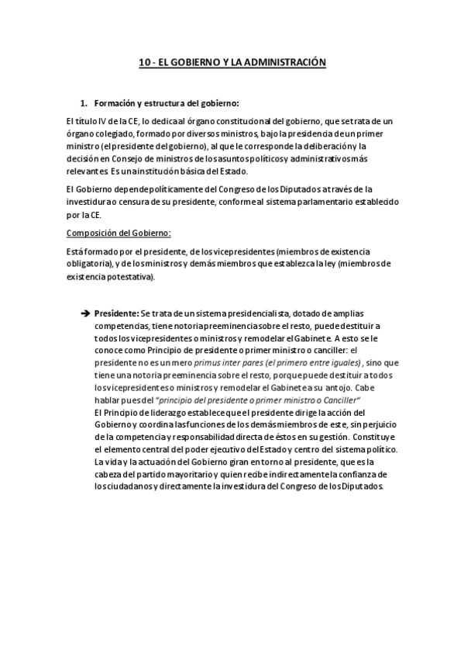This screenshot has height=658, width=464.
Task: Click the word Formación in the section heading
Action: pos(115,103)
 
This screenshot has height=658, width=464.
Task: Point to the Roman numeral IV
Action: pos(98,121)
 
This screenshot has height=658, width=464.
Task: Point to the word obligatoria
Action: pos(88,264)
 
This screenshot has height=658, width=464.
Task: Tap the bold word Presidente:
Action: pos(116,313)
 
